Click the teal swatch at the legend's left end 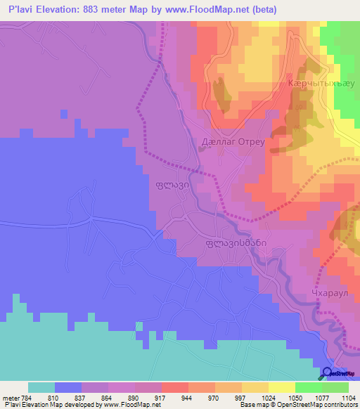point(41,387)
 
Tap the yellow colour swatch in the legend point(282,387)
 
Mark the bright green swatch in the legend point(309,387)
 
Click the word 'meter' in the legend point(8,397)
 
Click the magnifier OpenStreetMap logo point(328,373)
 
